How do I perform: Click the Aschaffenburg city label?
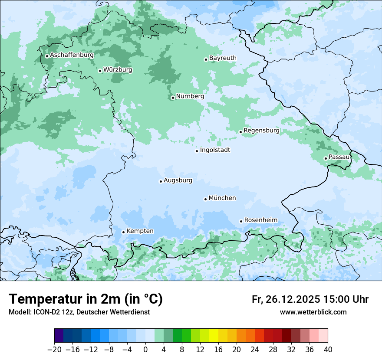coord(72,55)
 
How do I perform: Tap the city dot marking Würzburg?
coord(100,71)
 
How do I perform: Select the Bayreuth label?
coord(223,58)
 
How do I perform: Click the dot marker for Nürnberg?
coord(173,98)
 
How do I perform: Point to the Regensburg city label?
coord(261,130)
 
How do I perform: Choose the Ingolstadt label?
coord(215,150)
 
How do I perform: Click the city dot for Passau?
coord(326,158)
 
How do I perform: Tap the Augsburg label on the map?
coord(178,180)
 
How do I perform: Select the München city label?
coord(222,198)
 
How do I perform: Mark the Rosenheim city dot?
coord(241,221)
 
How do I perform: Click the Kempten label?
coord(140,231)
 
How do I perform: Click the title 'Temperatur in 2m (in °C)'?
coord(86,299)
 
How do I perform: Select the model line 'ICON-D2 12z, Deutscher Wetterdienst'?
coord(79,312)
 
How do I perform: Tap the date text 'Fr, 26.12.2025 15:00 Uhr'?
coord(310,299)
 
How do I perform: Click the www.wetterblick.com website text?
coord(313,312)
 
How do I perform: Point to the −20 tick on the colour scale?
coord(54,350)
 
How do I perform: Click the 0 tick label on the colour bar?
coord(145,350)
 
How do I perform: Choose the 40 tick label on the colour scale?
coord(328,350)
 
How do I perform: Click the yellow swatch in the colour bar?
coord(214,336)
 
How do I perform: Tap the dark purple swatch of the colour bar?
coord(59,336)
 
